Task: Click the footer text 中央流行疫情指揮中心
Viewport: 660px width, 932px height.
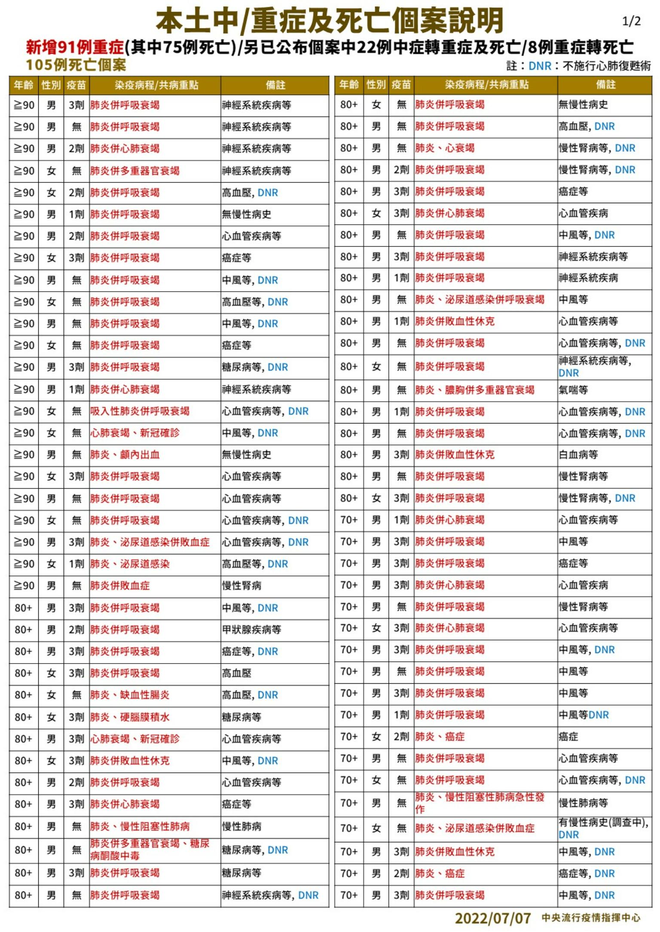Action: (591, 918)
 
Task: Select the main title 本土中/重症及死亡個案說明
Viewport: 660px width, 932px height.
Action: (329, 21)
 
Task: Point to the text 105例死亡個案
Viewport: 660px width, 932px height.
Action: (76, 65)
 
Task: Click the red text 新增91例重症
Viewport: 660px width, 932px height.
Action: (75, 47)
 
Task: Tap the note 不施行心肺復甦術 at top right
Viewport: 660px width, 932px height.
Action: (607, 66)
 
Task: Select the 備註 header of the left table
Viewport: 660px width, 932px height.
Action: (275, 85)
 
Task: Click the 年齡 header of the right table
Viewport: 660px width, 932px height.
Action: (349, 85)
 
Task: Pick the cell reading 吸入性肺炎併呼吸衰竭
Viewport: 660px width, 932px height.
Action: (140, 411)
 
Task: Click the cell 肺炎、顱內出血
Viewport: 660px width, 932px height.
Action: (125, 454)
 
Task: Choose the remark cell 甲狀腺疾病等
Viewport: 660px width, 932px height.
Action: (251, 630)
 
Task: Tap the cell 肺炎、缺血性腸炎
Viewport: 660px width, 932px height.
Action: (130, 695)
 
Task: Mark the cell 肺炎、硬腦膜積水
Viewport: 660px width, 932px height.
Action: (130, 717)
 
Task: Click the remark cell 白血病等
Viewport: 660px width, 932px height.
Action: (578, 454)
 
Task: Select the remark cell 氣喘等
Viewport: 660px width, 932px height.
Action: (573, 390)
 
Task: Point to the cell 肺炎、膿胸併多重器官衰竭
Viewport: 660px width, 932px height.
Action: (474, 390)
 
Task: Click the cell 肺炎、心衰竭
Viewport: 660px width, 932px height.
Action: (444, 148)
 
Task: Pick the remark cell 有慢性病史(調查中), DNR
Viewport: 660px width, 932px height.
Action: (603, 828)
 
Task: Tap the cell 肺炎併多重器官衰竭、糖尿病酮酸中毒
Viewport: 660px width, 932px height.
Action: (150, 850)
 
